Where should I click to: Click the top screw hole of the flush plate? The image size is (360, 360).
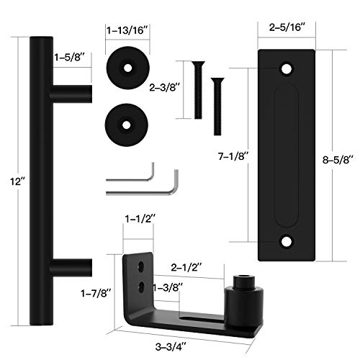(x=287, y=70)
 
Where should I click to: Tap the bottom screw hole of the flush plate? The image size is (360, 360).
(x=287, y=243)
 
